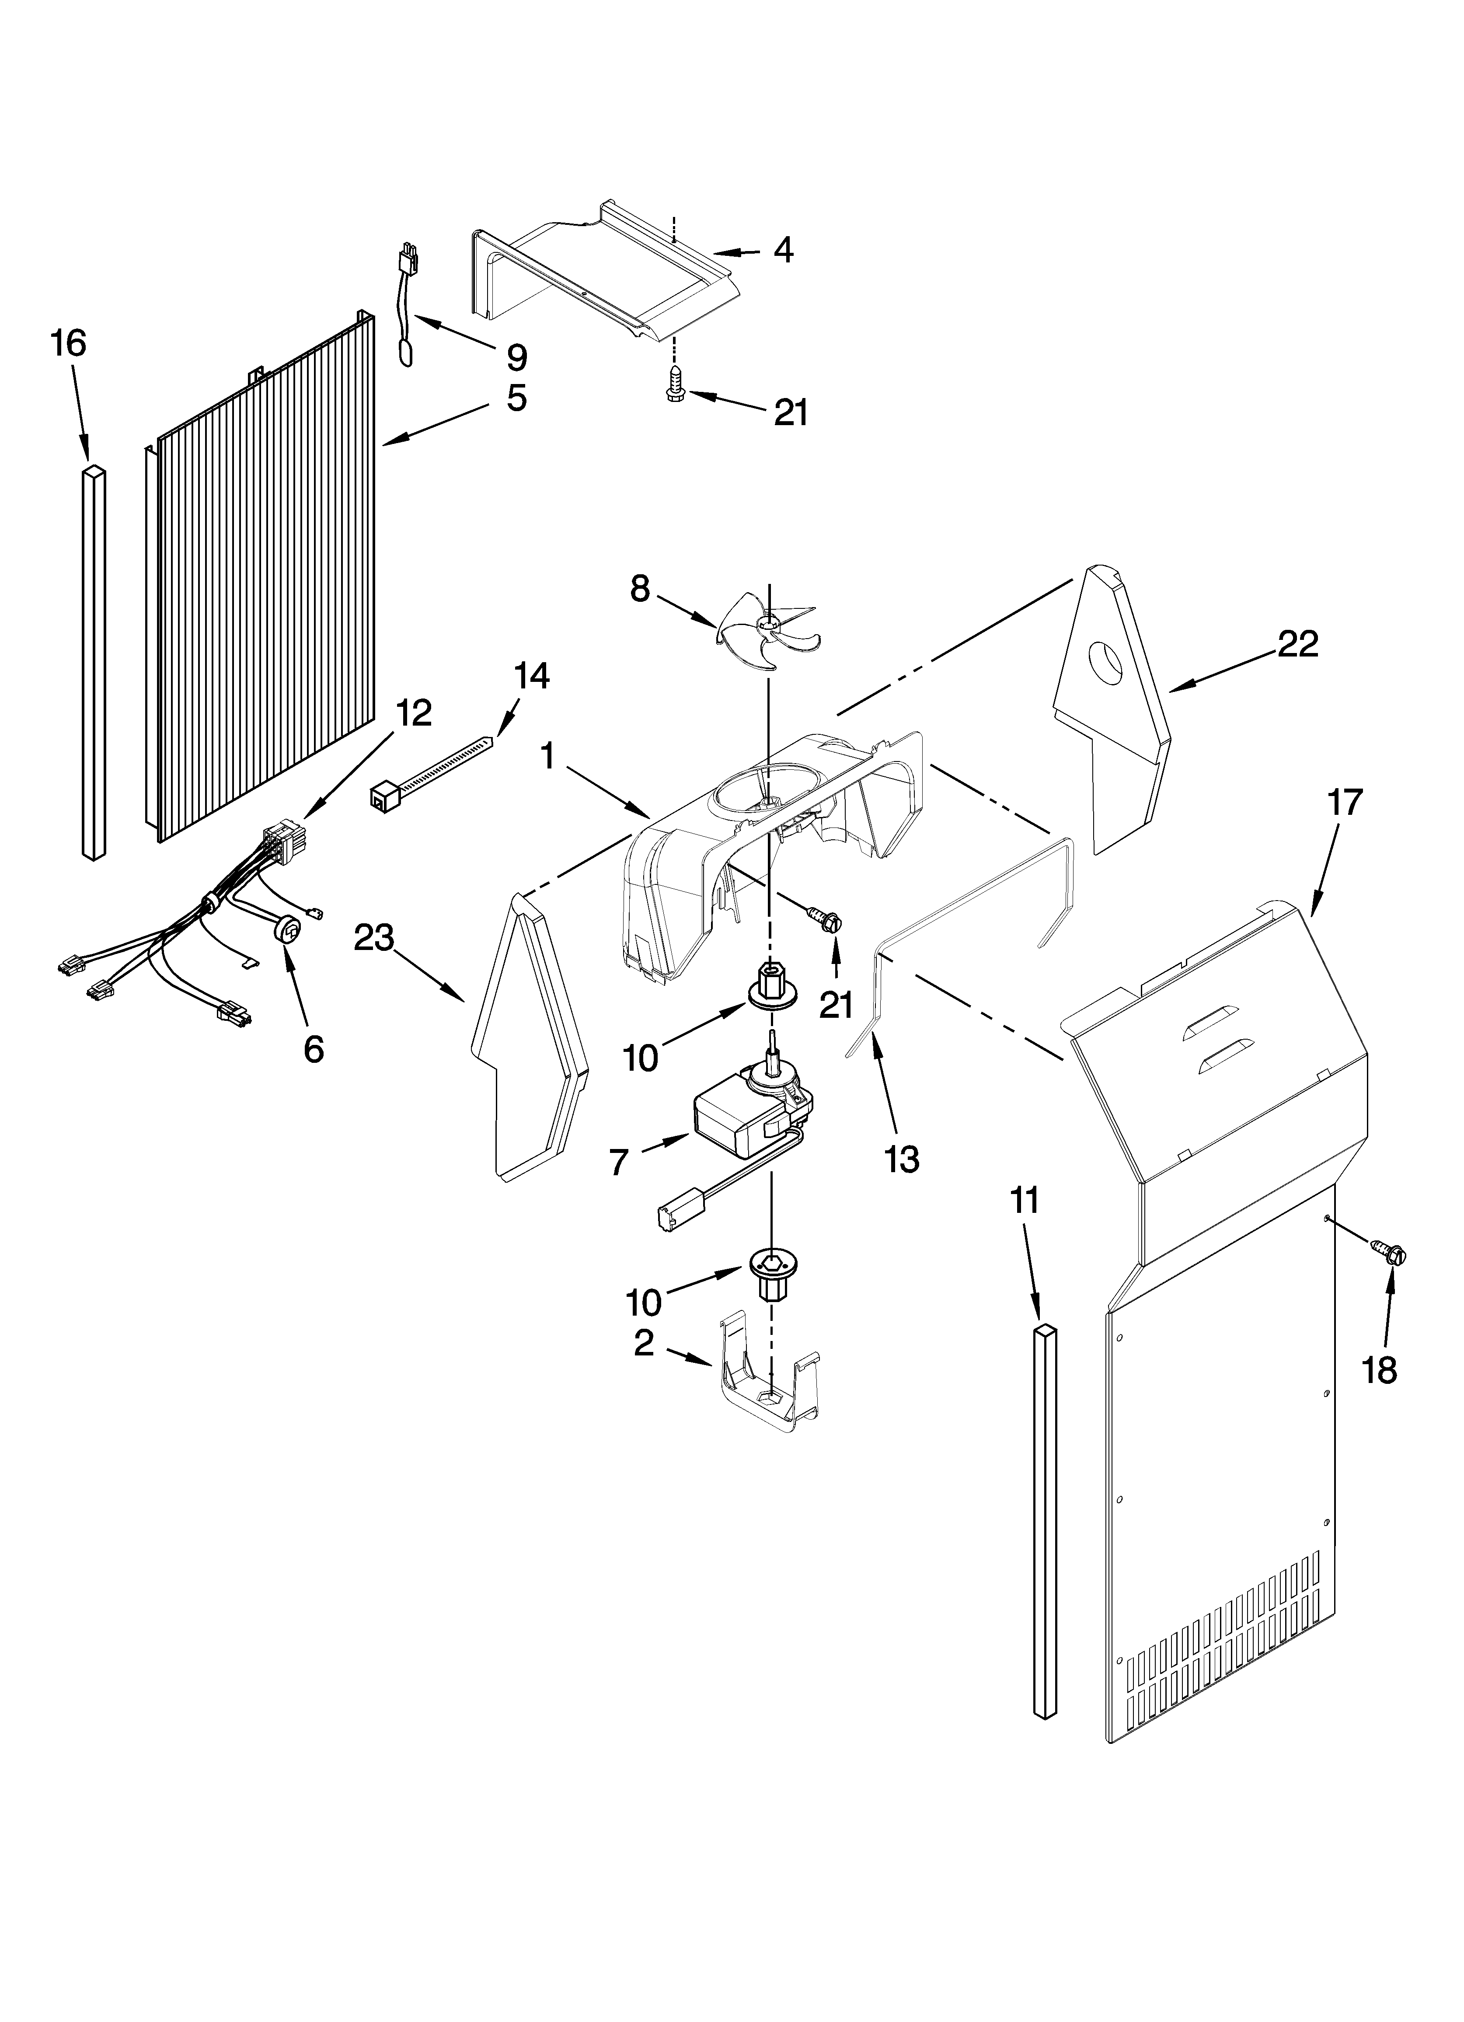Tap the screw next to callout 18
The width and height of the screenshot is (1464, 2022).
click(1392, 1258)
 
